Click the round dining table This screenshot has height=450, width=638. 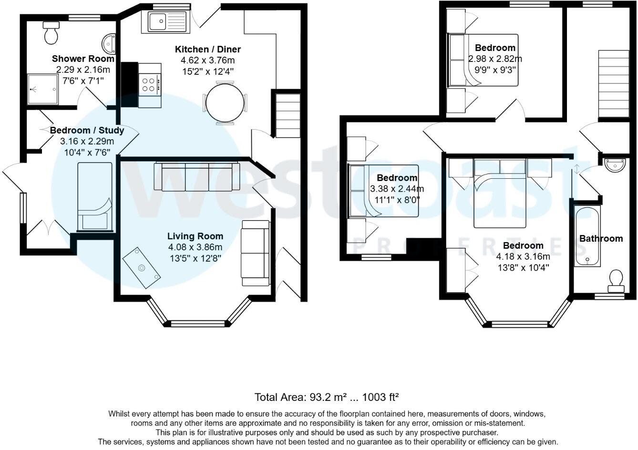coord(225,102)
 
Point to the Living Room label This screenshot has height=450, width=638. coord(195,236)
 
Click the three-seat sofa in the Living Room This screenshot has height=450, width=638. coord(196,177)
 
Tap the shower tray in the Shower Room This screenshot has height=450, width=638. coord(42,89)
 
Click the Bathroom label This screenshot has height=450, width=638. coord(601,238)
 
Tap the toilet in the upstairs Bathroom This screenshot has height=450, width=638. coord(616,280)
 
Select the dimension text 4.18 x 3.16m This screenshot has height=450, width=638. coord(523,256)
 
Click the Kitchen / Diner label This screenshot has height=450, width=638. coord(208,50)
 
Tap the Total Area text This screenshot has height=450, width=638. coord(327,397)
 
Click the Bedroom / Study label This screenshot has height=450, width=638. coord(87,130)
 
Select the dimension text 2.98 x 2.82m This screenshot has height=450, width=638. coord(495,59)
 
